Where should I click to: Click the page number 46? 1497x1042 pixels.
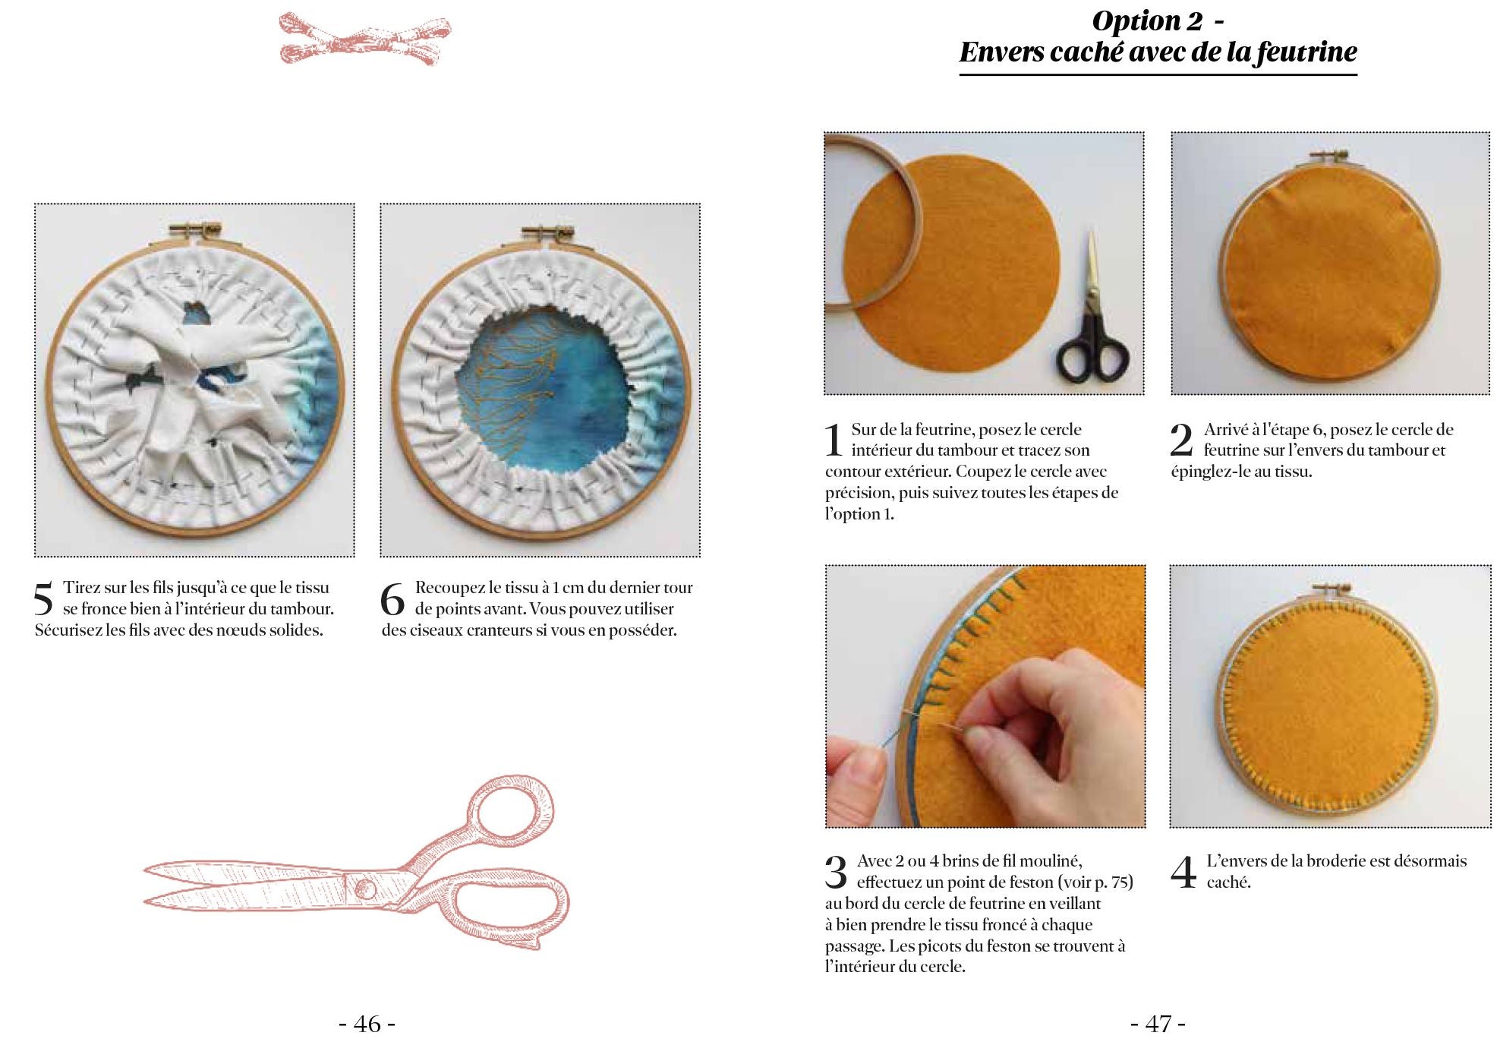coord(367,1024)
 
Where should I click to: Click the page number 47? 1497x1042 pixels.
coord(1158,1024)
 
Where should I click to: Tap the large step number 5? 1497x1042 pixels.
coord(44,599)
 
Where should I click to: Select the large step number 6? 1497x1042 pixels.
coord(392,599)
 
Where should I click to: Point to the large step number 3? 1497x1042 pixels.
coord(836,873)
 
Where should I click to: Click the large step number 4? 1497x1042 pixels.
coord(1183,873)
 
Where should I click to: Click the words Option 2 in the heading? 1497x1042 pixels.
coord(1147,21)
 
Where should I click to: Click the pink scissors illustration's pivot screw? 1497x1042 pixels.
coord(366,887)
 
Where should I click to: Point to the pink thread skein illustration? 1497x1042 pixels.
coord(364,38)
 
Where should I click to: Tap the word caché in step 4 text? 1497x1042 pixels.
coord(1228,882)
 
